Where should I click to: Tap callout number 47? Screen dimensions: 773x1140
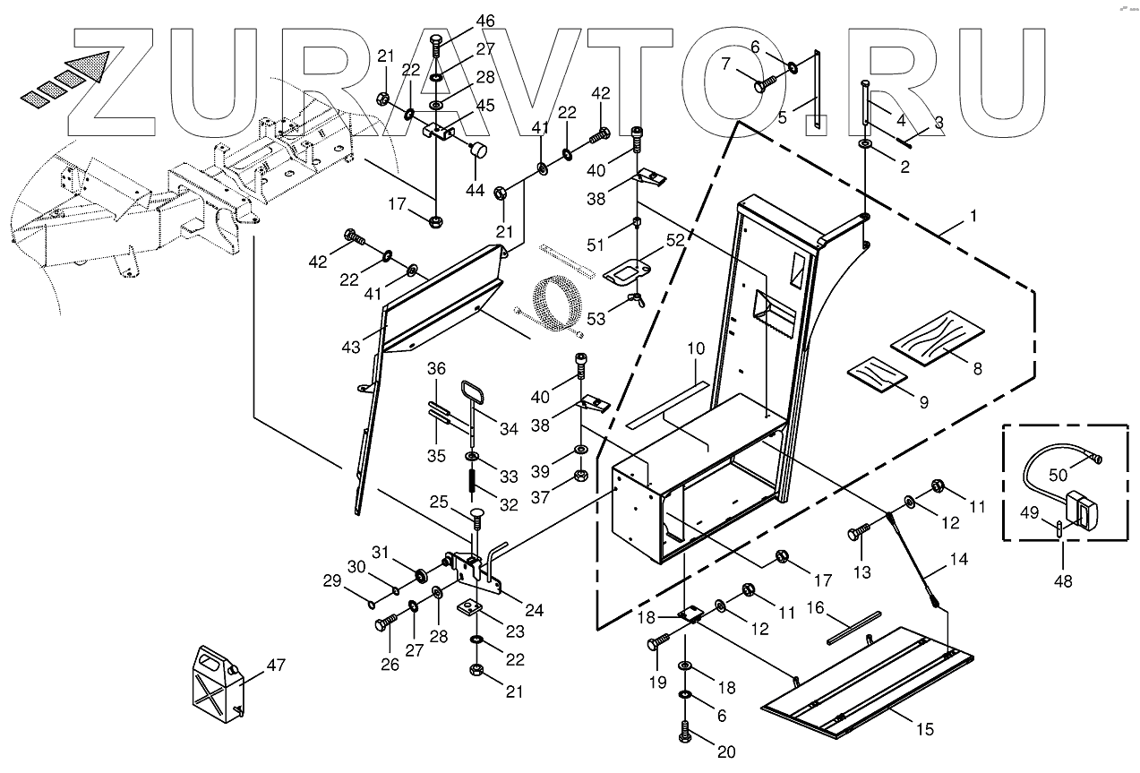[278, 666]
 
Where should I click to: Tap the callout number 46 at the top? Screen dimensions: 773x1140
[434, 21]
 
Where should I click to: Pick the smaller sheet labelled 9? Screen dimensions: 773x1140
[875, 374]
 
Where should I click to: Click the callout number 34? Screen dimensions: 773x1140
[509, 429]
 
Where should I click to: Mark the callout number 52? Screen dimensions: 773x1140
[673, 240]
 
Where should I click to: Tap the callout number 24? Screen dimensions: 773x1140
[534, 611]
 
